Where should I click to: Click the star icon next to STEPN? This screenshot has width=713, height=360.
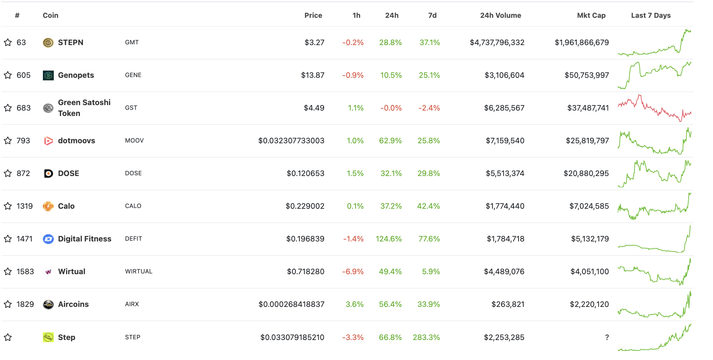click(x=8, y=43)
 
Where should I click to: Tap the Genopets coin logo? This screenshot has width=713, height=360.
click(x=48, y=75)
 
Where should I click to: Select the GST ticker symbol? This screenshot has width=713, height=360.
click(x=131, y=108)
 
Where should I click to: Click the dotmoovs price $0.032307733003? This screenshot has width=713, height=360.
click(x=291, y=141)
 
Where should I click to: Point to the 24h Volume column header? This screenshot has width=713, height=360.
click(x=500, y=15)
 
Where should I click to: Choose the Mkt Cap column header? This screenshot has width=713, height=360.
click(x=591, y=15)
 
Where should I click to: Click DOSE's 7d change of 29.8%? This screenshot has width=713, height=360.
click(x=428, y=173)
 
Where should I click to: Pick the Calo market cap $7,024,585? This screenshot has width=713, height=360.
click(x=589, y=206)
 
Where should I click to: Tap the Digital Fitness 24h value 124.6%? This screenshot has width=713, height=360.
click(x=388, y=239)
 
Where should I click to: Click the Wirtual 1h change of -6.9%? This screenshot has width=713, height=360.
click(x=353, y=272)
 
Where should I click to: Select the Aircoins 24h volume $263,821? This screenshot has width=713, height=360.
click(x=508, y=304)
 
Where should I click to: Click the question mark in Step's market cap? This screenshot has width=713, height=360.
click(x=607, y=337)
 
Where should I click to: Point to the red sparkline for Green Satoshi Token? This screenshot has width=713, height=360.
click(x=654, y=108)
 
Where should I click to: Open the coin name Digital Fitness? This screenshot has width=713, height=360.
click(x=85, y=239)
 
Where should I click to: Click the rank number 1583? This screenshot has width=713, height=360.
click(x=25, y=272)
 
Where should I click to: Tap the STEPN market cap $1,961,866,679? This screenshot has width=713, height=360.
click(x=581, y=43)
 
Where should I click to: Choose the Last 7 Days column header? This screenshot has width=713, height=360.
click(x=650, y=15)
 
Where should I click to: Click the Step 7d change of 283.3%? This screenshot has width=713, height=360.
click(x=426, y=337)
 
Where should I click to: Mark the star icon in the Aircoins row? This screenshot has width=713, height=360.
click(x=8, y=304)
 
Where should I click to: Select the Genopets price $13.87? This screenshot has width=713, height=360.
click(x=313, y=75)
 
